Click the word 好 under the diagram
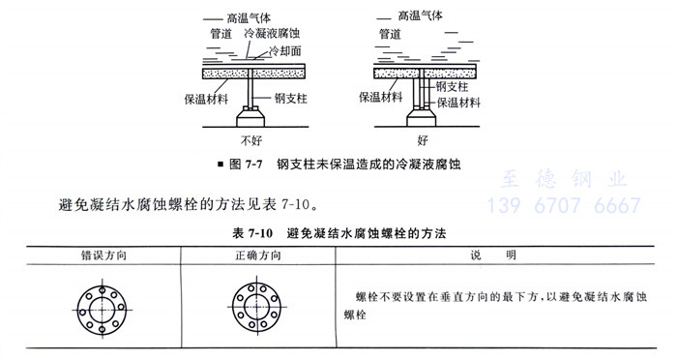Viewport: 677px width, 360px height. pos(422,138)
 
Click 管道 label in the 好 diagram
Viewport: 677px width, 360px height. pos(391,33)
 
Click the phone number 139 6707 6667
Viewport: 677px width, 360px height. pos(565,205)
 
